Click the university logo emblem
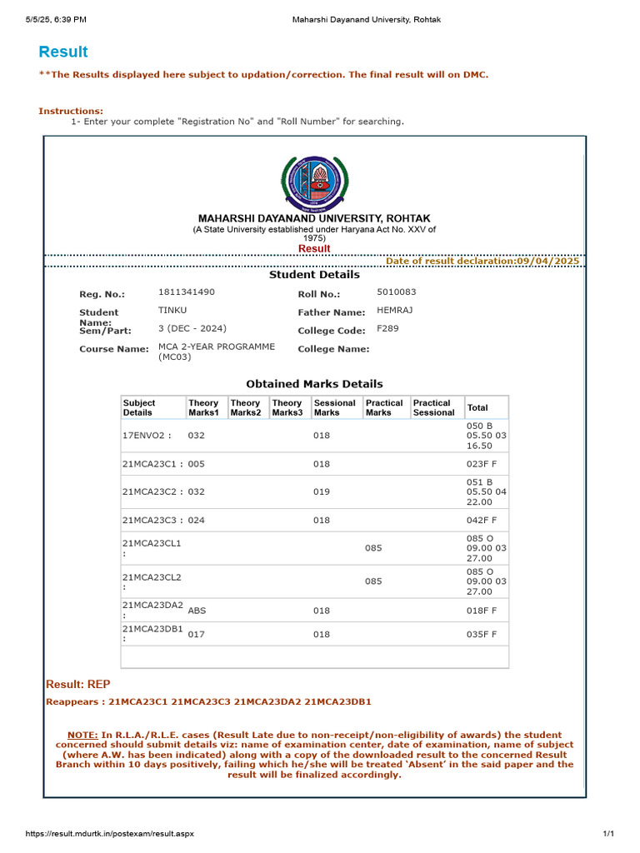coord(314,183)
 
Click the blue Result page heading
coord(62,52)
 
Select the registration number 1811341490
coord(186,292)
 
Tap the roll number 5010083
coord(397,292)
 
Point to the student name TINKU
coord(172,310)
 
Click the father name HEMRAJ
coord(395,310)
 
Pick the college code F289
coord(387,328)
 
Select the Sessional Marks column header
coord(334,407)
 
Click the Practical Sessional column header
coord(434,407)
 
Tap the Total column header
coord(477,407)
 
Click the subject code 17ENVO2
coord(146,435)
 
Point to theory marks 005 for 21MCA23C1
coord(197,463)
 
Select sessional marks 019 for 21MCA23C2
coord(322,491)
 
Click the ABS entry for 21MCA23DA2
coord(197,611)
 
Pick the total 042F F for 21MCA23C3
coord(482,520)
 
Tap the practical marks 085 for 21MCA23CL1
coord(373,548)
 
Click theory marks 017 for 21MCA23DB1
coord(197,634)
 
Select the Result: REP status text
coord(77,684)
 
